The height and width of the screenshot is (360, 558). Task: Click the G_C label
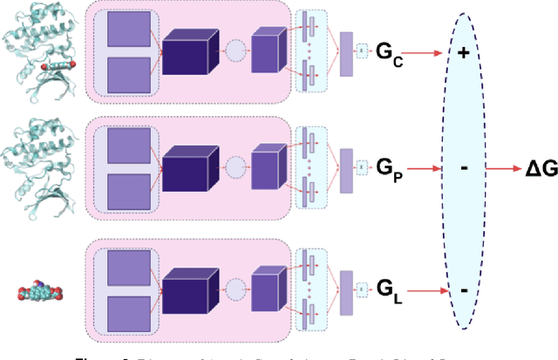pos(390,52)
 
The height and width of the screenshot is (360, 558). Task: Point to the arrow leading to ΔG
pos(503,169)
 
